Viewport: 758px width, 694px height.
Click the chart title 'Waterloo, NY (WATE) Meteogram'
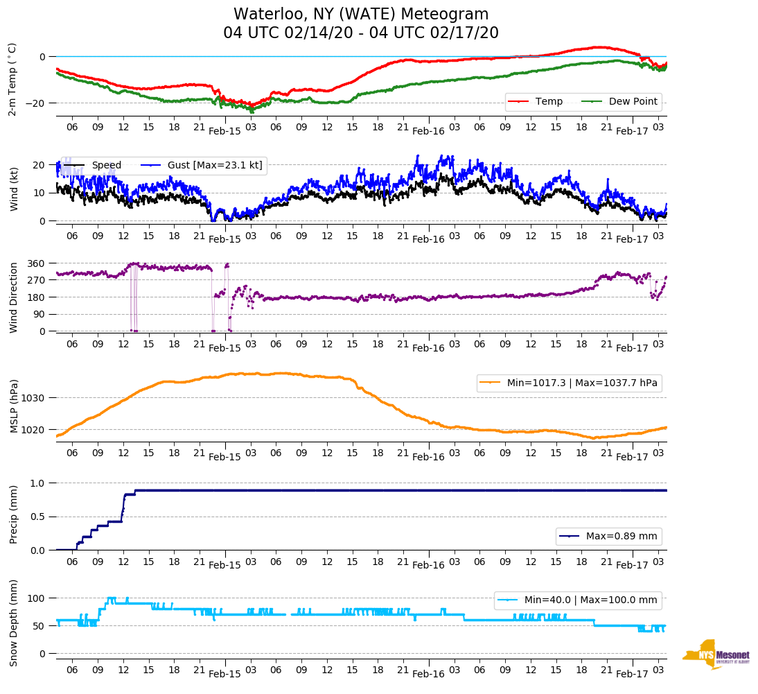pos(360,15)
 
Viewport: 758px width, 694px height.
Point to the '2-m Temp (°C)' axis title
pos(12,78)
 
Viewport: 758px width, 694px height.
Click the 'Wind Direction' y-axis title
pos(14,297)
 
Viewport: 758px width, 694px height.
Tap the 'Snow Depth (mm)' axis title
pos(14,623)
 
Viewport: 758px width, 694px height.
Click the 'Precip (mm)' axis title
pos(14,515)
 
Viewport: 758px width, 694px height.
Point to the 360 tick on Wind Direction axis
pos(36,263)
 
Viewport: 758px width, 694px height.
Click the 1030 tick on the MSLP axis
pos(33,398)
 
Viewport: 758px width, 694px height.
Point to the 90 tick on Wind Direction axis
pos(39,314)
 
